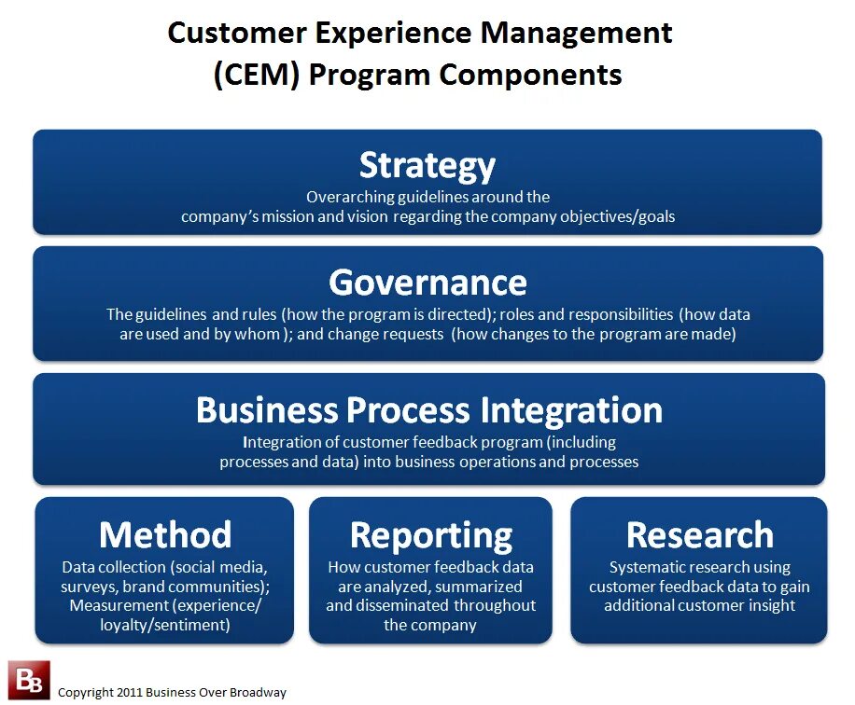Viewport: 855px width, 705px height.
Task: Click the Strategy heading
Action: pyautogui.click(x=427, y=165)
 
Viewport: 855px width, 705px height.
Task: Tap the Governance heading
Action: pyautogui.click(x=427, y=282)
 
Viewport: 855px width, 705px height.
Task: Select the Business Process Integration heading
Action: pyautogui.click(x=428, y=410)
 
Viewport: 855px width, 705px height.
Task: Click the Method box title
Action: pyautogui.click(x=165, y=534)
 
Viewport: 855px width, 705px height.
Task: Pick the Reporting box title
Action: pyautogui.click(x=430, y=535)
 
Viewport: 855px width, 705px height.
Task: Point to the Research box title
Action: pyautogui.click(x=699, y=534)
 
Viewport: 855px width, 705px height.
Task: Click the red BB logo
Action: pyautogui.click(x=28, y=680)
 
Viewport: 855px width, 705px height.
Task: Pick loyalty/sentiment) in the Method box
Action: pyautogui.click(x=165, y=625)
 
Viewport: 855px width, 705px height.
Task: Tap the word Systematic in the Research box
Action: pyautogui.click(x=650, y=567)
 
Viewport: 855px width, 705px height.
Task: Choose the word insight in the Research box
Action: pyautogui.click(x=770, y=605)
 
